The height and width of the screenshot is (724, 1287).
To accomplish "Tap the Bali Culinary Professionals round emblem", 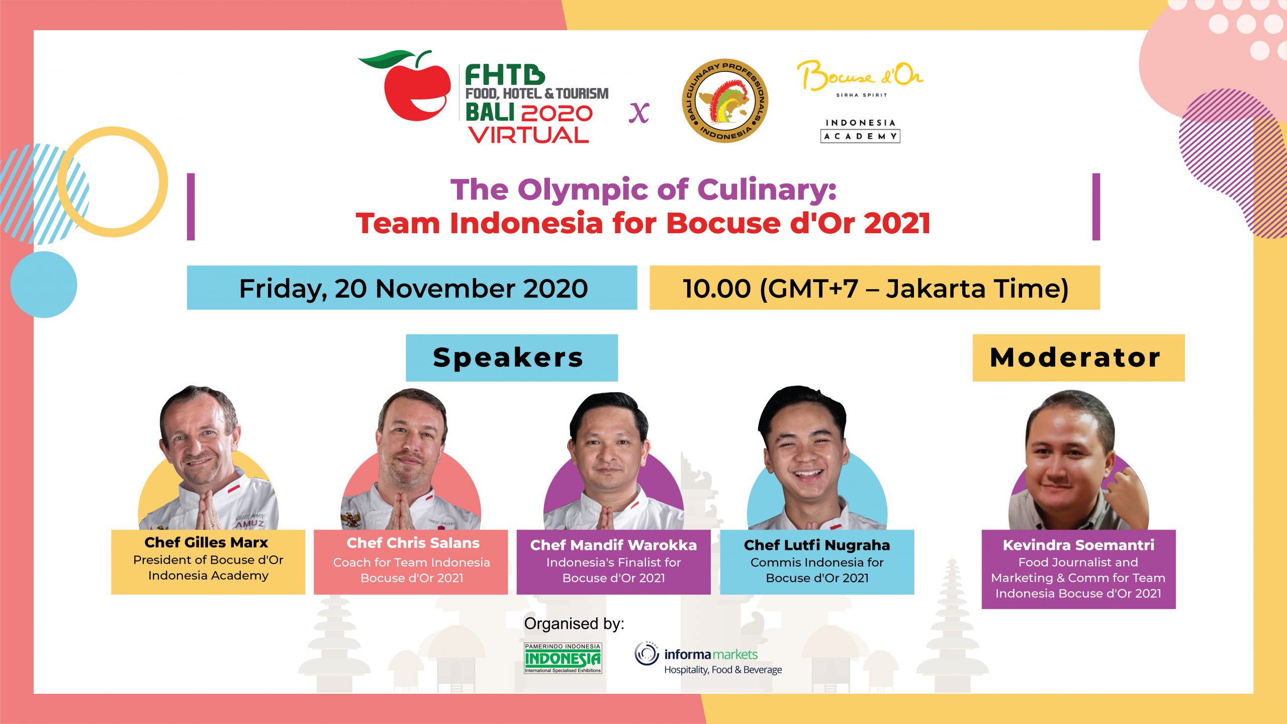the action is [725, 101].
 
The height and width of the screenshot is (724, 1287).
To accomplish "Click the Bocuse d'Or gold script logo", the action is [860, 76].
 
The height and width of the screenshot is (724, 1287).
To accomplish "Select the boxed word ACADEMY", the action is [860, 136].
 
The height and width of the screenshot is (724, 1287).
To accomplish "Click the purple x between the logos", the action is [639, 113].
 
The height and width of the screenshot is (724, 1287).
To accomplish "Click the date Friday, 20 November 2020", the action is [413, 289].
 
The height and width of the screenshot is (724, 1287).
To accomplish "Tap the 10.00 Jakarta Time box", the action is [875, 288].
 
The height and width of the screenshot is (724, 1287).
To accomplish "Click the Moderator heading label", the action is [1078, 357].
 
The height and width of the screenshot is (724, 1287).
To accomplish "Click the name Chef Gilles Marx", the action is [206, 542].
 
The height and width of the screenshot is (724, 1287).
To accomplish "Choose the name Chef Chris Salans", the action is [413, 543].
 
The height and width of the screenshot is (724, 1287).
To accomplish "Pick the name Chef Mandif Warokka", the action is [613, 545].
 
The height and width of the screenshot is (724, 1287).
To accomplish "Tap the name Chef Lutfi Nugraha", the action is [817, 546].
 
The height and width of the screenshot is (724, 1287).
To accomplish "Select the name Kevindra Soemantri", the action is [1078, 545].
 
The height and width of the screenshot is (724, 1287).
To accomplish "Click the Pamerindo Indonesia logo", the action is [563, 658].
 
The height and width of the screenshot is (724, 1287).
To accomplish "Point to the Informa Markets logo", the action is [708, 658].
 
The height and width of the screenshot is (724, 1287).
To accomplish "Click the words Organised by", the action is [574, 623].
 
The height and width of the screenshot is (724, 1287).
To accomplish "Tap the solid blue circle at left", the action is [44, 285].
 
